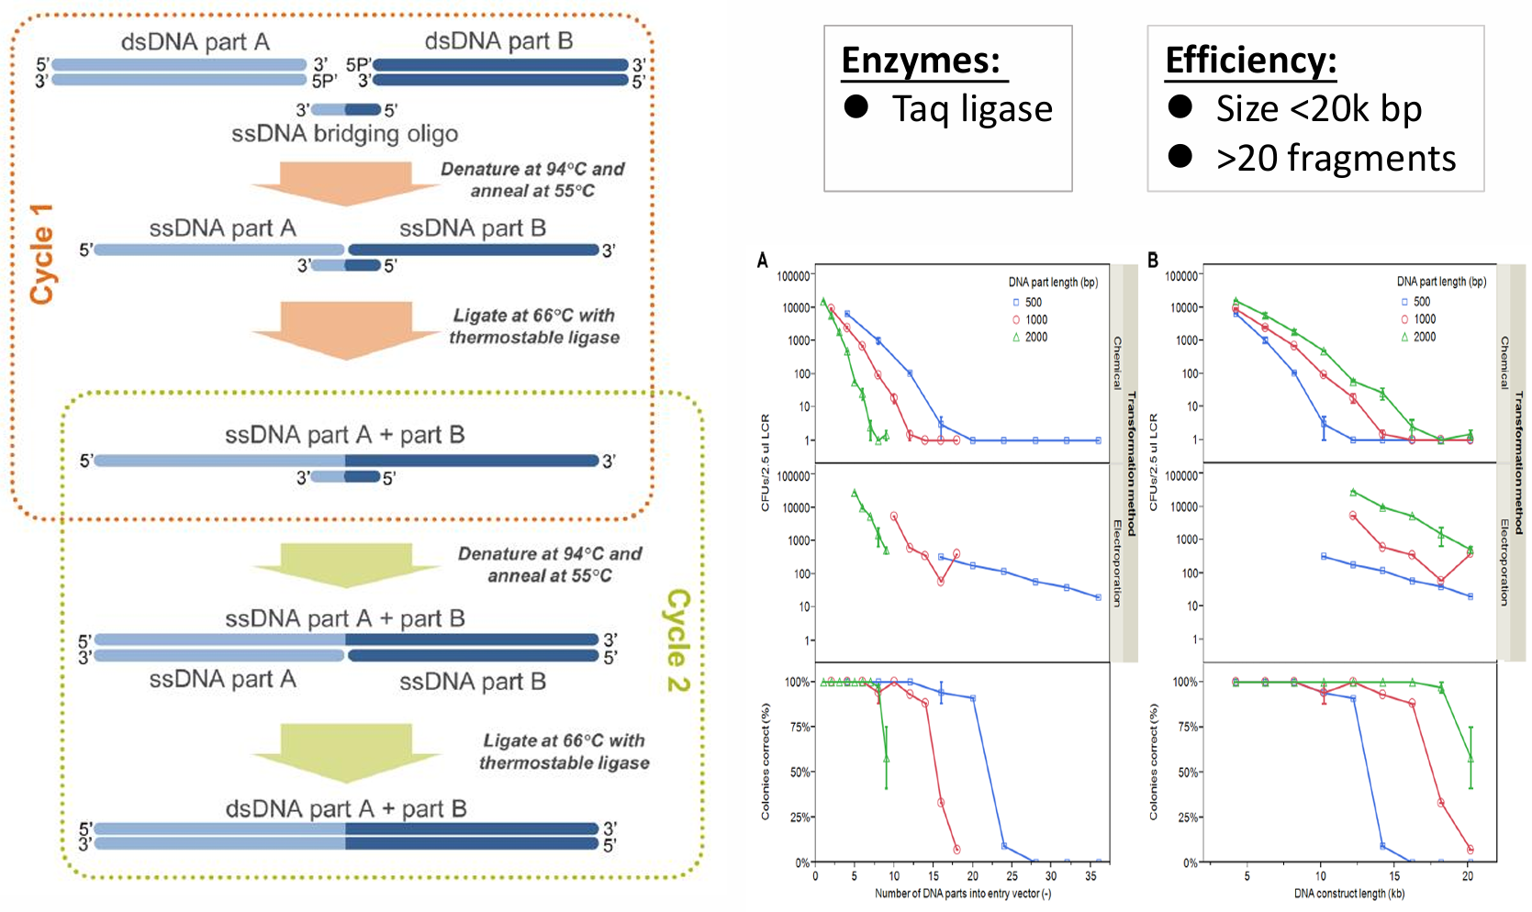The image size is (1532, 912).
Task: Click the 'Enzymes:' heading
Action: point(921,61)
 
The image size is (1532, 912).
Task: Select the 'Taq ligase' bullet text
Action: point(972,109)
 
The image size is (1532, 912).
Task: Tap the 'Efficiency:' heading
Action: point(1250,61)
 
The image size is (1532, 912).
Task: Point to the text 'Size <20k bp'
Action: point(1318,109)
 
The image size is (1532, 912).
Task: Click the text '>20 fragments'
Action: point(1336,159)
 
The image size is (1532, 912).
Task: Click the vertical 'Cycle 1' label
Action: point(42,254)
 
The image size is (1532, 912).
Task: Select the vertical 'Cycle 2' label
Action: point(677,640)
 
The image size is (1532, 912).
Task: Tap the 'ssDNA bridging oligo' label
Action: point(344,134)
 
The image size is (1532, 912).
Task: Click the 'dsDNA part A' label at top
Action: point(195,42)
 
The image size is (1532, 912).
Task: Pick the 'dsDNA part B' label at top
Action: point(498,41)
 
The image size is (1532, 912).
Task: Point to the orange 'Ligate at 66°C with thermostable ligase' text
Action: point(534,327)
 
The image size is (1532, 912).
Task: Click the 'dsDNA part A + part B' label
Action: point(346,809)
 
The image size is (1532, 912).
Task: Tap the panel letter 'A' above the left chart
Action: point(762,261)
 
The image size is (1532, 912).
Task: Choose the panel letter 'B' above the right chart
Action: point(1153,261)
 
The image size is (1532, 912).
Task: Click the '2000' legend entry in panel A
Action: point(1036,338)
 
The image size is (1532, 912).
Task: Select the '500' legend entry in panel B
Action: point(1421,302)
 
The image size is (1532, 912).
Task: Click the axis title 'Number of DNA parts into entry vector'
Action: point(962,894)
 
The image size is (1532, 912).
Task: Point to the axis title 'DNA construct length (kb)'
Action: point(1348,894)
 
